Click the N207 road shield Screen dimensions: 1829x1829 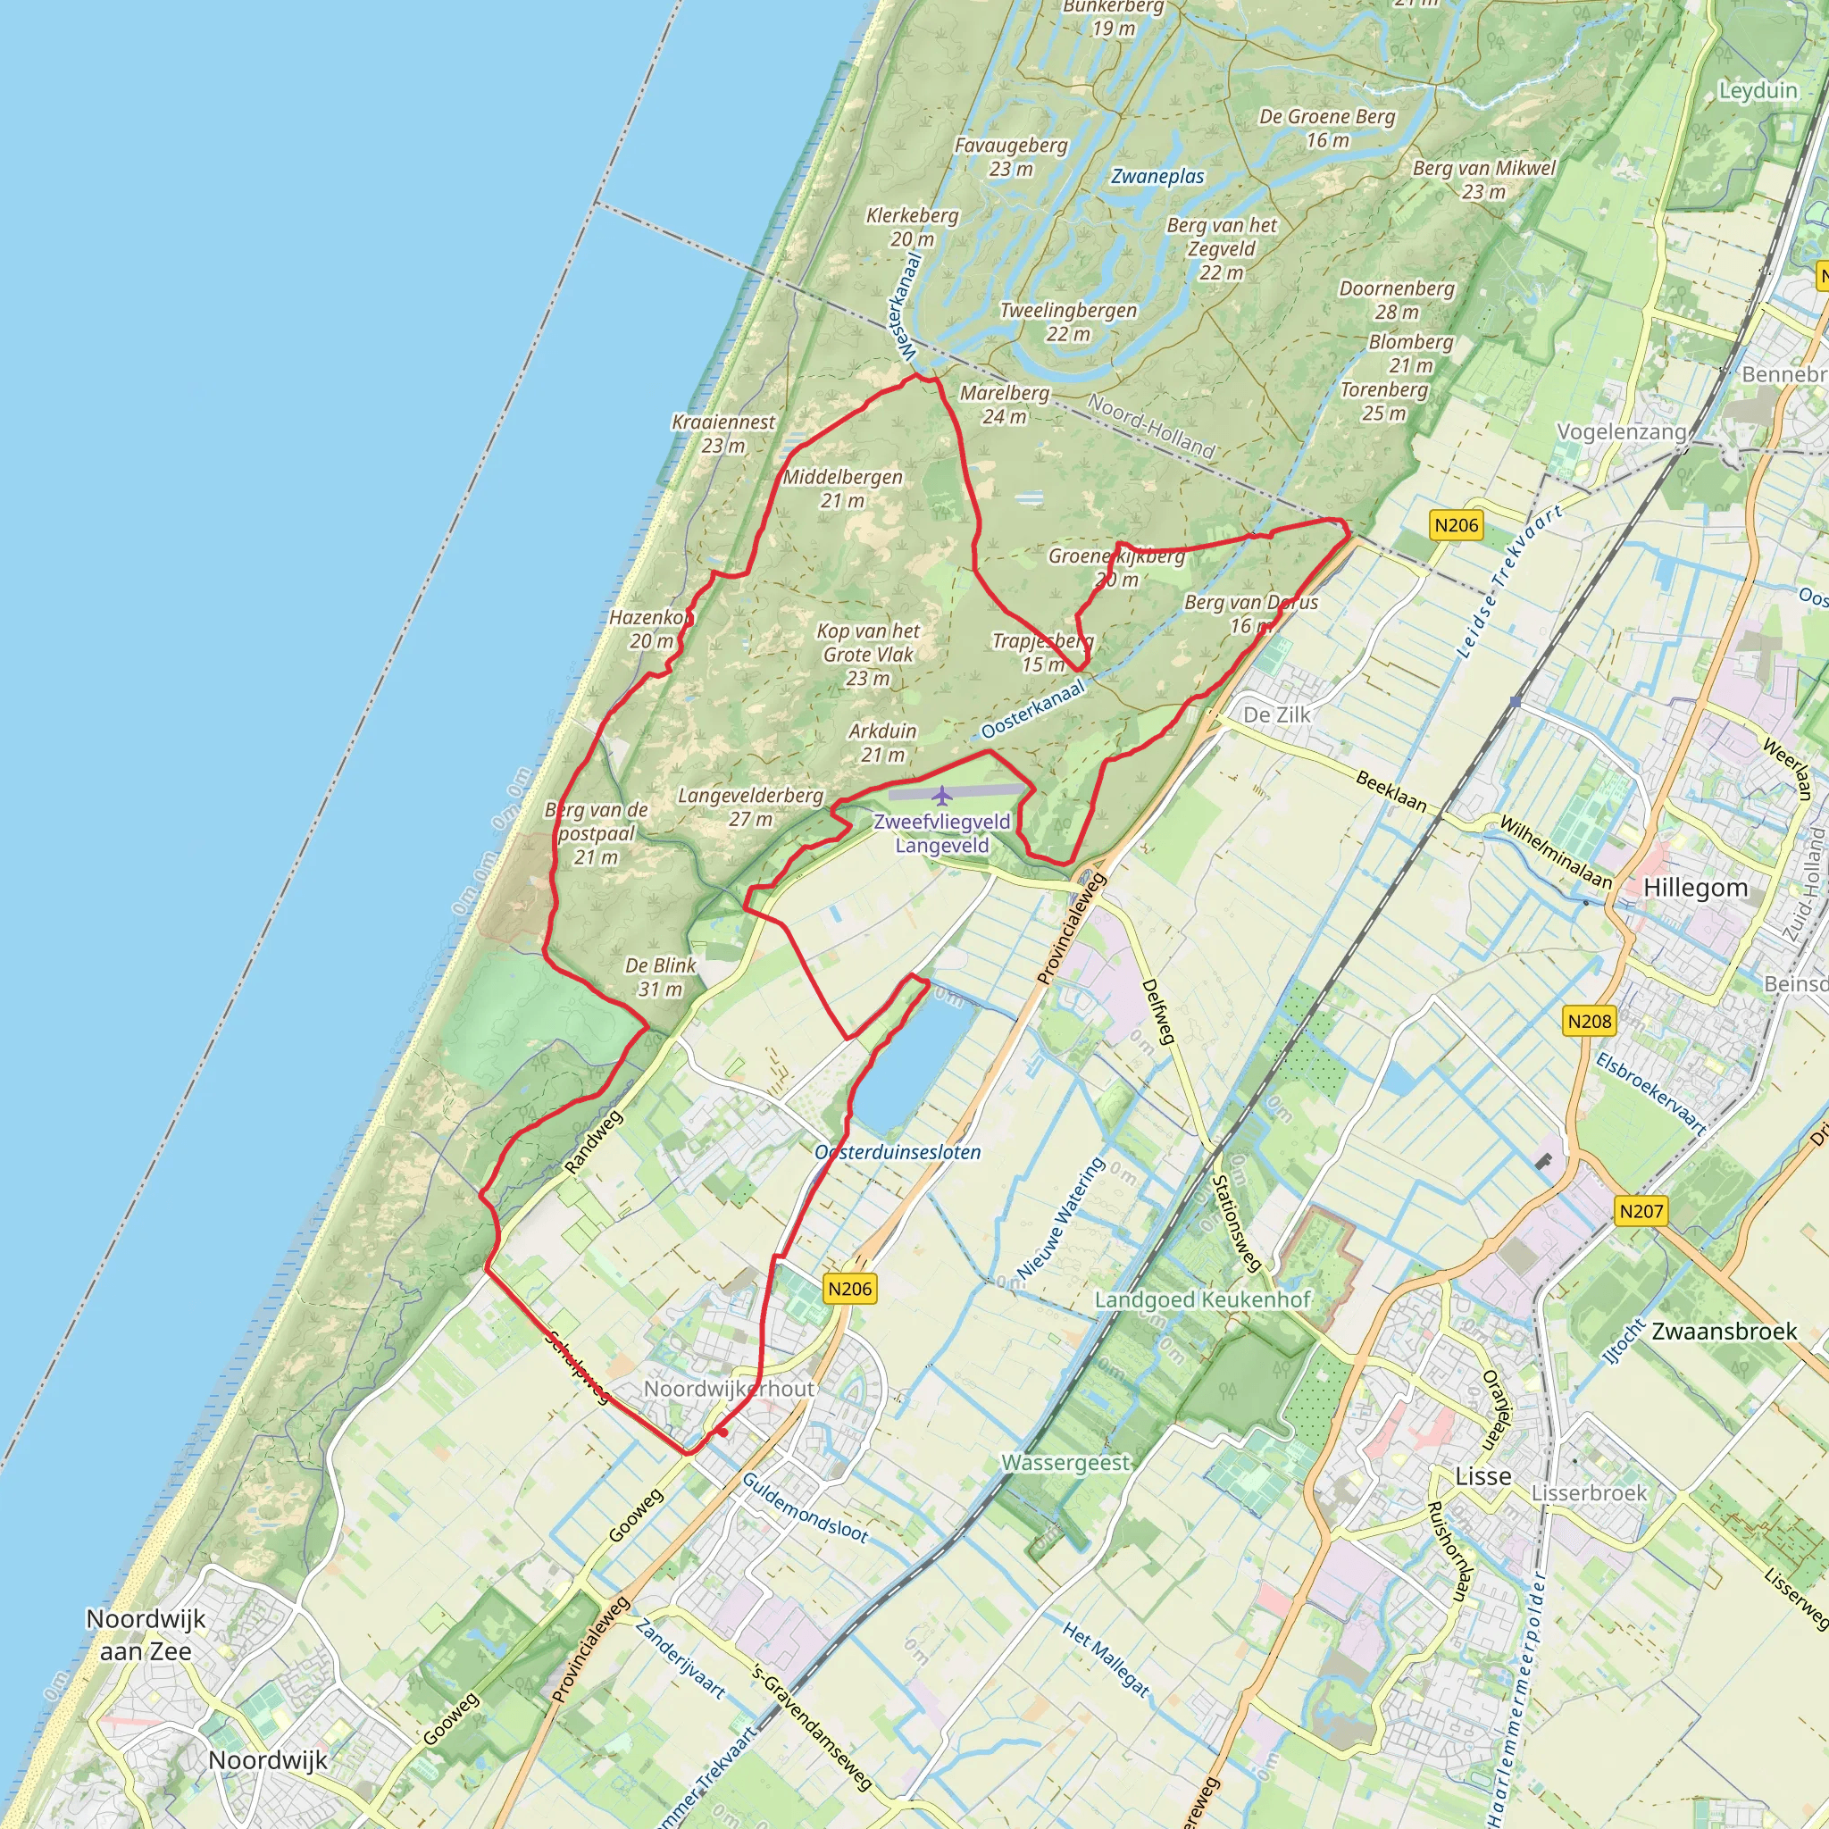click(1641, 1211)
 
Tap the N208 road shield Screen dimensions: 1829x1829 click(1589, 1022)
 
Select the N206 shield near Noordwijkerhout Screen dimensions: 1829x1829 click(849, 1289)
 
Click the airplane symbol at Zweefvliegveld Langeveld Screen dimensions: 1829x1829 click(940, 794)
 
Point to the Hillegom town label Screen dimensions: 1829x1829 click(1694, 888)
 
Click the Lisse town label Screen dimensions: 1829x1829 click(1482, 1477)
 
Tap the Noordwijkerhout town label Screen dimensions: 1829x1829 click(729, 1389)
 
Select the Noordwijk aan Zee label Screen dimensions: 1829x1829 click(146, 1635)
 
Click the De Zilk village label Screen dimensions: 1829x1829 click(1276, 714)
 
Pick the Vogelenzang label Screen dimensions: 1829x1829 click(1622, 431)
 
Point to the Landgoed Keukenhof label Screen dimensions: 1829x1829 click(1202, 1299)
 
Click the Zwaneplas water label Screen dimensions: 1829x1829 click(1157, 177)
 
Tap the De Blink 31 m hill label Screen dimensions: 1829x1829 click(660, 977)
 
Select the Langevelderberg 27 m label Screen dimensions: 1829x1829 click(750, 806)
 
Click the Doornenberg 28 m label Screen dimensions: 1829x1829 click(1397, 299)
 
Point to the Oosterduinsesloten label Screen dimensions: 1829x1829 click(898, 1152)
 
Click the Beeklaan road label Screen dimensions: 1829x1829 click(1391, 791)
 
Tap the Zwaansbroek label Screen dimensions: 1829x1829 click(1724, 1331)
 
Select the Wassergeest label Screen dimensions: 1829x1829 click(1066, 1463)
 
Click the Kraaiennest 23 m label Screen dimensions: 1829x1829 click(723, 433)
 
